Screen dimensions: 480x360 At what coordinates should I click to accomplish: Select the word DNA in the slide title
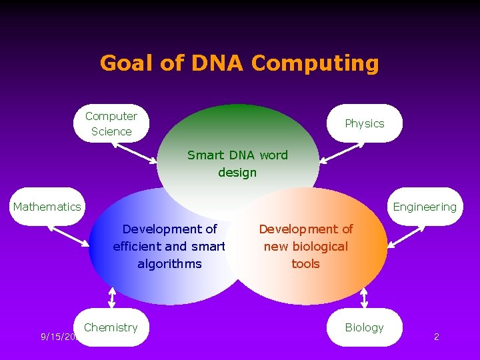click(x=218, y=63)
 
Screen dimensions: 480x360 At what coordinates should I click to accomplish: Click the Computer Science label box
click(x=111, y=123)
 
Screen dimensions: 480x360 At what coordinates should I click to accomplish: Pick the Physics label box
click(x=365, y=123)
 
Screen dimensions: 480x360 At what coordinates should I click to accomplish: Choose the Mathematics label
click(x=47, y=207)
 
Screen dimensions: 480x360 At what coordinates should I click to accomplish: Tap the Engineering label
click(x=425, y=207)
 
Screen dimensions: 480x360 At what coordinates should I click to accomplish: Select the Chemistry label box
click(x=111, y=327)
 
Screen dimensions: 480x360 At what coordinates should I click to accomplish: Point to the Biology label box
click(x=365, y=327)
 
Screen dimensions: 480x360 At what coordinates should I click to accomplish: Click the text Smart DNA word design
click(x=237, y=164)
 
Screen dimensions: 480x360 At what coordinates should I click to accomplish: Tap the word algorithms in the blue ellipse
click(x=169, y=263)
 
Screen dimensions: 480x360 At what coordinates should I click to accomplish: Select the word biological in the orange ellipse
click(x=306, y=246)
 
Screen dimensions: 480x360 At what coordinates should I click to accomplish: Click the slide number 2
click(x=436, y=337)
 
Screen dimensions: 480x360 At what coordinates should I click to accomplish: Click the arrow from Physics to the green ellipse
click(x=339, y=152)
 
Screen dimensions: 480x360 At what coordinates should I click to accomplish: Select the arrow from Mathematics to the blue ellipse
click(x=71, y=236)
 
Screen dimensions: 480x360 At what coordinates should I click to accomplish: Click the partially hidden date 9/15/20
click(x=59, y=337)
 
